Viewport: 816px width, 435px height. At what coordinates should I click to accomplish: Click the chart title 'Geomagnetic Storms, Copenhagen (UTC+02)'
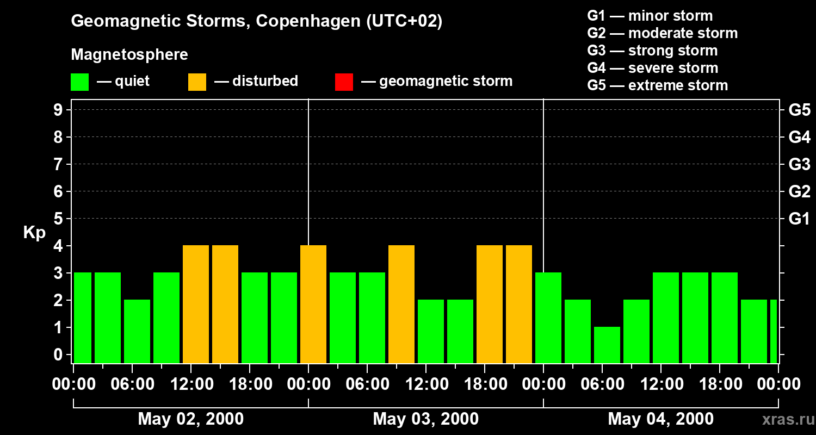point(256,21)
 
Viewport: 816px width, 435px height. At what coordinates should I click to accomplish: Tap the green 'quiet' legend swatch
point(79,82)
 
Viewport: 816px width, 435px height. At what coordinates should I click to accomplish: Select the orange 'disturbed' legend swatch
point(197,82)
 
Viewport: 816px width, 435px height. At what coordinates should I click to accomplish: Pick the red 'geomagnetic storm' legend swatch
point(344,82)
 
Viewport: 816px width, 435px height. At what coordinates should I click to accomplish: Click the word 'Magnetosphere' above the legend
point(129,55)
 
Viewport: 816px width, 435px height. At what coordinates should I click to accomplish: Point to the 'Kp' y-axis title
point(34,233)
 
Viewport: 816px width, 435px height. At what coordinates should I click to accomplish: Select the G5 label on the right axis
point(799,110)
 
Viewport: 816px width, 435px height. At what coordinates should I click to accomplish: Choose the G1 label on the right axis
point(799,219)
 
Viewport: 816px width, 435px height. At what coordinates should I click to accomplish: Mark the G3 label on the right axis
point(799,164)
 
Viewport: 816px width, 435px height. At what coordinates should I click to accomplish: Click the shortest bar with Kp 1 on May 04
point(607,345)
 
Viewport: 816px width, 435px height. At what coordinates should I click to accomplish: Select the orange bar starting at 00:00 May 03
point(313,304)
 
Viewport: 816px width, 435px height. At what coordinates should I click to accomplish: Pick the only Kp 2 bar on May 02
point(137,331)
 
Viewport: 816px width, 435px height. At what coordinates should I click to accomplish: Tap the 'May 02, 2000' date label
point(190,419)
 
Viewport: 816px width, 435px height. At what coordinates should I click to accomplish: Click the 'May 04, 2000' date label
point(660,419)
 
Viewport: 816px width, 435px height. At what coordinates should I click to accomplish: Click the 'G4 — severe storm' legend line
point(652,68)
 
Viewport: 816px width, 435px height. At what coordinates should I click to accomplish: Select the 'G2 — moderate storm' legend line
point(662,33)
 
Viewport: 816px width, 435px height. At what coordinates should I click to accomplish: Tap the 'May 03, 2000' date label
point(425,419)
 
